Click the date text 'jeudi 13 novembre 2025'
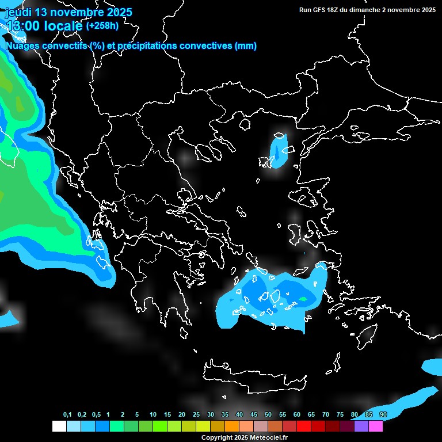click(68, 12)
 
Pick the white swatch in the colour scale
click(59, 426)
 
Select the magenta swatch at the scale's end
click(376, 426)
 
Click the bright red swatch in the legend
click(304, 426)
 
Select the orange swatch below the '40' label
click(232, 426)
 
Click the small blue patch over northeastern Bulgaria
click(279, 151)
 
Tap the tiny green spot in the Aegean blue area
click(303, 299)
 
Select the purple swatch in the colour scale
click(361, 426)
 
